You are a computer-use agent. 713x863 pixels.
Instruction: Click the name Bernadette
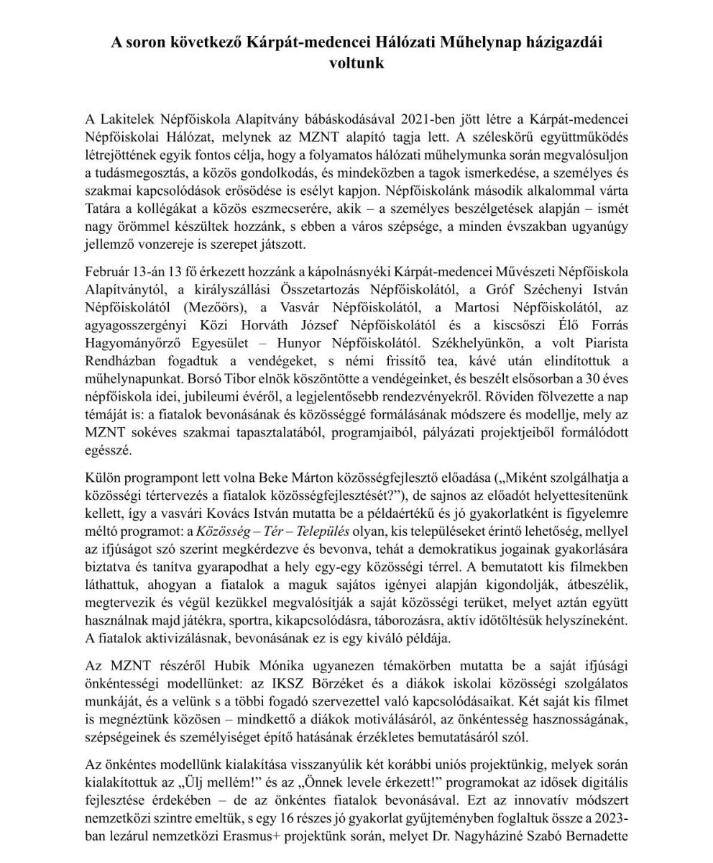(x=597, y=839)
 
